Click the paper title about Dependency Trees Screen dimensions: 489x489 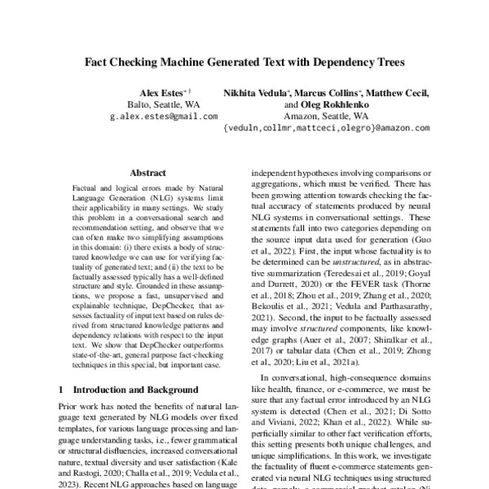[x=244, y=60]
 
